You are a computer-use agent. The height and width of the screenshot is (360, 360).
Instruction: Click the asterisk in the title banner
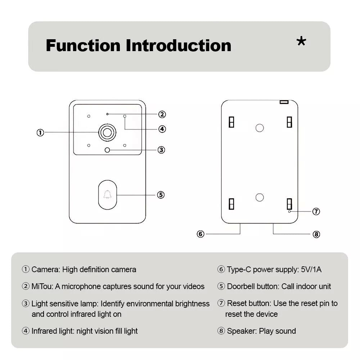[301, 42]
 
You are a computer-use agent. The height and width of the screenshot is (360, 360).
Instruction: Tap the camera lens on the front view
[107, 132]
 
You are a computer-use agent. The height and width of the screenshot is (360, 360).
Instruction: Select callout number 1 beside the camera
[40, 132]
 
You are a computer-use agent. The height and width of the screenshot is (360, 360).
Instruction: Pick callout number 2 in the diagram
[162, 114]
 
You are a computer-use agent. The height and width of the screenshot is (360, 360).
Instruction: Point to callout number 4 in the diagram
[162, 129]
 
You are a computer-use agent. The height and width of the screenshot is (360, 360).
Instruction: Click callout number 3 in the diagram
[161, 150]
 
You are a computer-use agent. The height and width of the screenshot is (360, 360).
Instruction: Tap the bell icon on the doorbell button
[107, 195]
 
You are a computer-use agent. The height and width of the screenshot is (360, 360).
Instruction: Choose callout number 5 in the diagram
[161, 195]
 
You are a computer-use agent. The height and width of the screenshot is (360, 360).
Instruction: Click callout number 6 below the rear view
[201, 234]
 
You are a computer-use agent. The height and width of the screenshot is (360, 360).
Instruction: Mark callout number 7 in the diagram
[316, 211]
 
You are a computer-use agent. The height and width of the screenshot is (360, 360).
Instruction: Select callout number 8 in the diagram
[316, 234]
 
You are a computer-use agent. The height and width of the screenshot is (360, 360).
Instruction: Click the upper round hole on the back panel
[260, 128]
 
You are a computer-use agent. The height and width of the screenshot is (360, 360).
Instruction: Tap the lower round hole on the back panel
[260, 197]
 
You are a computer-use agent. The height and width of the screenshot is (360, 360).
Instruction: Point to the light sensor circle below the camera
[107, 150]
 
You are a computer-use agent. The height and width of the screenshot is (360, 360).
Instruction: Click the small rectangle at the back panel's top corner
[284, 102]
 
